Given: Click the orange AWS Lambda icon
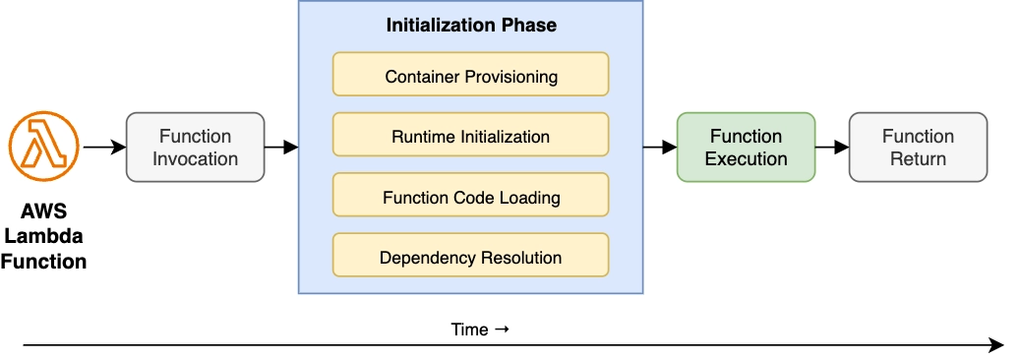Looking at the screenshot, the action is [x=43, y=147].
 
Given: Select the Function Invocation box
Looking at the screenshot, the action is [x=195, y=147].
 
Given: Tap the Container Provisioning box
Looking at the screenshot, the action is [x=470, y=74].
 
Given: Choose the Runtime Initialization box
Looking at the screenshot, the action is [x=470, y=135].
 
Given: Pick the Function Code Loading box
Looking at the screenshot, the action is [x=470, y=195].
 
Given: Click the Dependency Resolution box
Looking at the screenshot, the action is [x=470, y=254].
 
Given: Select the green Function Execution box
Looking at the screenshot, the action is [x=746, y=147].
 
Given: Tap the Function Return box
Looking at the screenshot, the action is [x=918, y=147].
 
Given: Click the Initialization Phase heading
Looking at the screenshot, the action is [x=471, y=26].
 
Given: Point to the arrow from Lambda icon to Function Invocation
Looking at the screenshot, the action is [x=104, y=148].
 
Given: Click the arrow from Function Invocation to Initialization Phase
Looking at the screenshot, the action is [x=281, y=148].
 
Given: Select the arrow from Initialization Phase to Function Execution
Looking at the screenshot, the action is [x=660, y=148].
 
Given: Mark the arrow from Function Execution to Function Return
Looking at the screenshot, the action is [x=832, y=148].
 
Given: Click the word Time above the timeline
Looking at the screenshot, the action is [x=469, y=330].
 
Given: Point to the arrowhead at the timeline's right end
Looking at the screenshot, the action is [x=997, y=345].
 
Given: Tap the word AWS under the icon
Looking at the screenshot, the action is [x=43, y=211].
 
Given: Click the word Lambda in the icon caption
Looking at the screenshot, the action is [x=43, y=236].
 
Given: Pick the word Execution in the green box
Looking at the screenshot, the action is [x=746, y=158].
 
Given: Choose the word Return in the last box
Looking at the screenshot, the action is [x=919, y=158].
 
